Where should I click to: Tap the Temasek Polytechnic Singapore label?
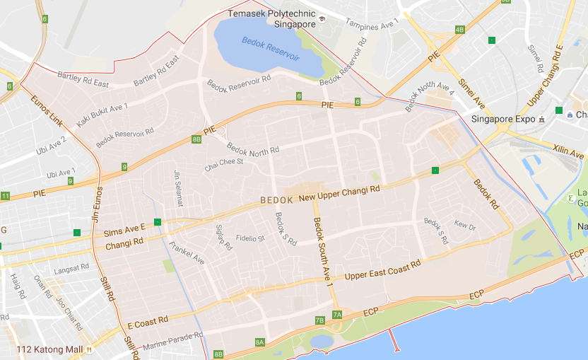(x=272, y=18)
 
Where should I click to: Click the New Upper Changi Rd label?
(x=340, y=194)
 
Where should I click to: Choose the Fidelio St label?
(x=249, y=239)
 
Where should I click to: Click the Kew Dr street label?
(x=465, y=226)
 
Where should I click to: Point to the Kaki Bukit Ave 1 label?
(x=102, y=115)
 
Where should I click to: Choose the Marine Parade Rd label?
(x=172, y=342)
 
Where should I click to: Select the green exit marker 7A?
(x=337, y=314)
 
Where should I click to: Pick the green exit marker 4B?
(x=459, y=30)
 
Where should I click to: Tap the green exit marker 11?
(x=5, y=196)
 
